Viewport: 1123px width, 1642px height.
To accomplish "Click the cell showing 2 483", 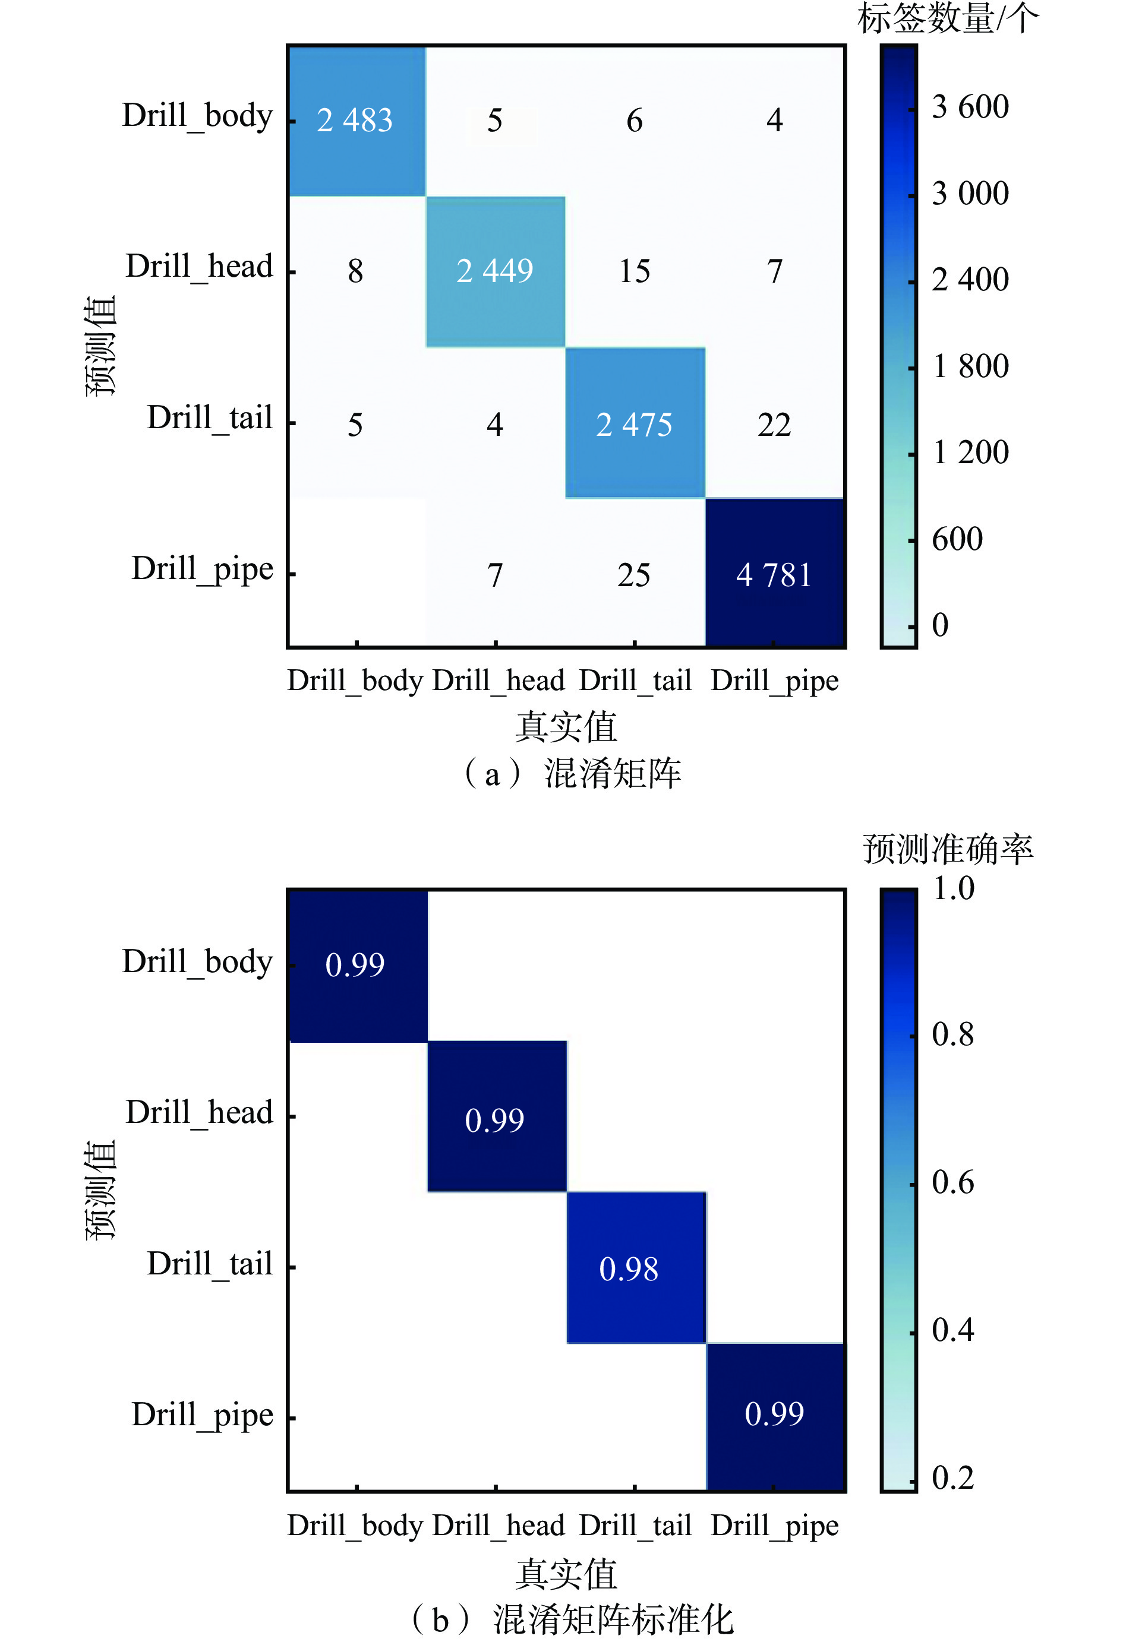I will [x=355, y=120].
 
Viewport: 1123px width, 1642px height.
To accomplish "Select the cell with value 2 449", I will [x=495, y=271].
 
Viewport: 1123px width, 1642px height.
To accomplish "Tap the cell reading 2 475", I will [x=634, y=425].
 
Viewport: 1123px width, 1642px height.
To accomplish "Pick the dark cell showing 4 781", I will [x=774, y=574].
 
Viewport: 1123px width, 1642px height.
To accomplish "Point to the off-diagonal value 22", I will [x=774, y=425].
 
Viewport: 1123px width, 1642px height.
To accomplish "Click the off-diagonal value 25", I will [x=634, y=575].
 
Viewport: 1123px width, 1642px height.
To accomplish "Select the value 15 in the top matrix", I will [x=635, y=271].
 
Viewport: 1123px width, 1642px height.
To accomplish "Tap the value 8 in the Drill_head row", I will [x=355, y=271].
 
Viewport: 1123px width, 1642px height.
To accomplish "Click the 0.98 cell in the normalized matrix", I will [x=629, y=1269].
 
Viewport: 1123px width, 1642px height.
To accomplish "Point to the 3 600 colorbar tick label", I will [x=970, y=107].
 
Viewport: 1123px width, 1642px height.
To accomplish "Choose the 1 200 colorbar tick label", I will [x=970, y=452].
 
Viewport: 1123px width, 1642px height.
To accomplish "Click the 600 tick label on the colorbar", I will [x=957, y=539].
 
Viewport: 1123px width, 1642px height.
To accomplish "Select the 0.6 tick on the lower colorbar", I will [x=952, y=1182].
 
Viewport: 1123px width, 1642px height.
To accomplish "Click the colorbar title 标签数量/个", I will [x=948, y=18].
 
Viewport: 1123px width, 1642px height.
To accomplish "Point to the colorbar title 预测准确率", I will [x=948, y=849].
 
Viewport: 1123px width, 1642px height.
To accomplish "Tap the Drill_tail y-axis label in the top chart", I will [x=209, y=417].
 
